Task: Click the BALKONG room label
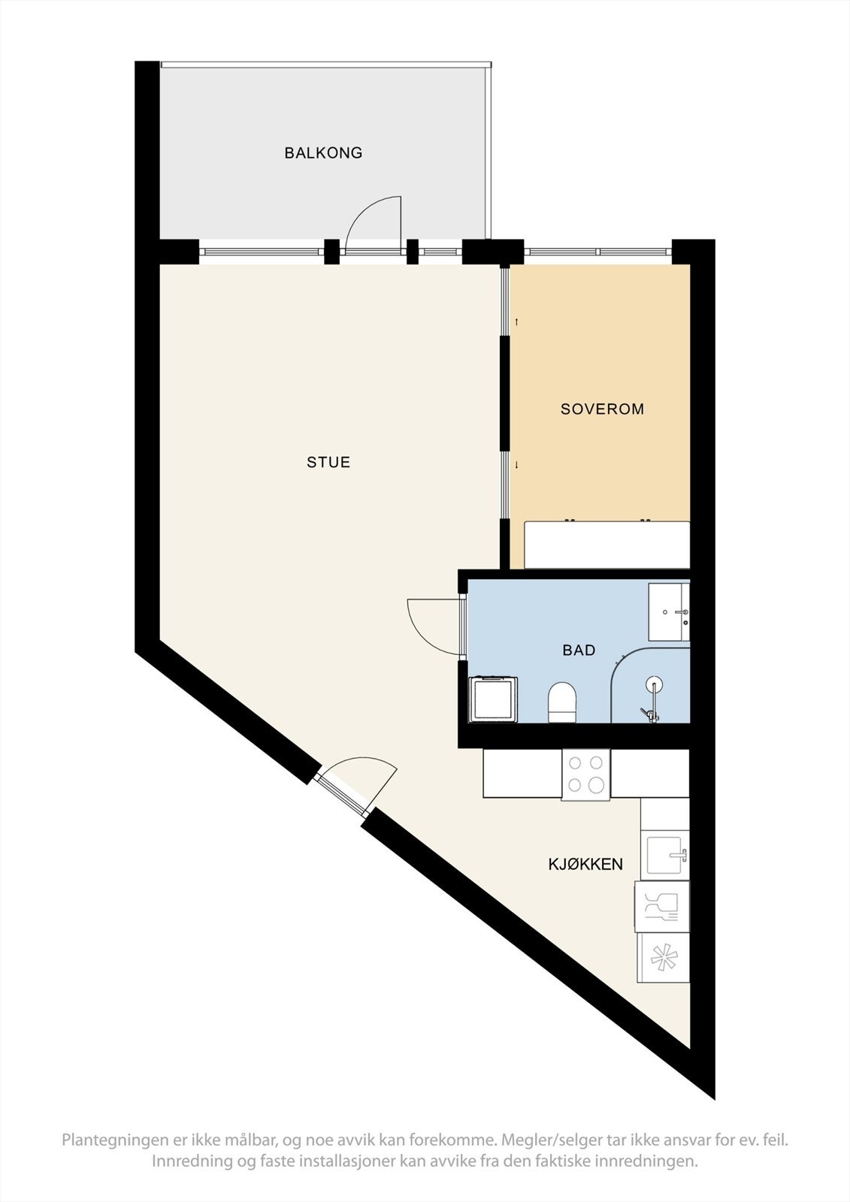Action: pos(323,153)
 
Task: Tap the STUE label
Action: pos(328,462)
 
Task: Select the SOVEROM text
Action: pos(602,409)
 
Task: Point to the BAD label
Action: pos(579,651)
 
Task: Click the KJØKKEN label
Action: pos(585,864)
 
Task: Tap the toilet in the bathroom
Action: pos(562,702)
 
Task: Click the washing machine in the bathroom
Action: pos(493,699)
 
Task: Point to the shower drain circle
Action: pos(655,684)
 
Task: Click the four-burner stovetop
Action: pos(586,775)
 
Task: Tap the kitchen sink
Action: pos(665,855)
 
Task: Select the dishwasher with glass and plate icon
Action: pos(662,906)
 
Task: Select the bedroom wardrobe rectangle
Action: pos(606,545)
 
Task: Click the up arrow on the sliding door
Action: pos(516,322)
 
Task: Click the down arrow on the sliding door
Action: pos(516,465)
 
